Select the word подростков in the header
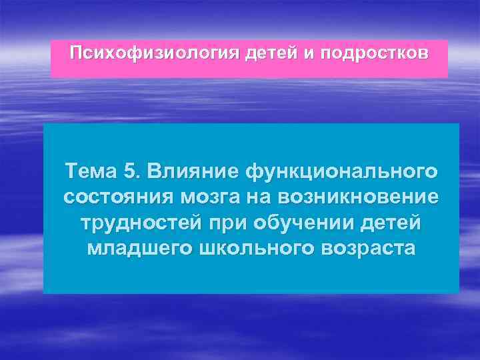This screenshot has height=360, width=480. click(x=376, y=53)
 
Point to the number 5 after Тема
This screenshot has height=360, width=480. click(x=130, y=171)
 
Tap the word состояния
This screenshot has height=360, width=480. click(x=117, y=197)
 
